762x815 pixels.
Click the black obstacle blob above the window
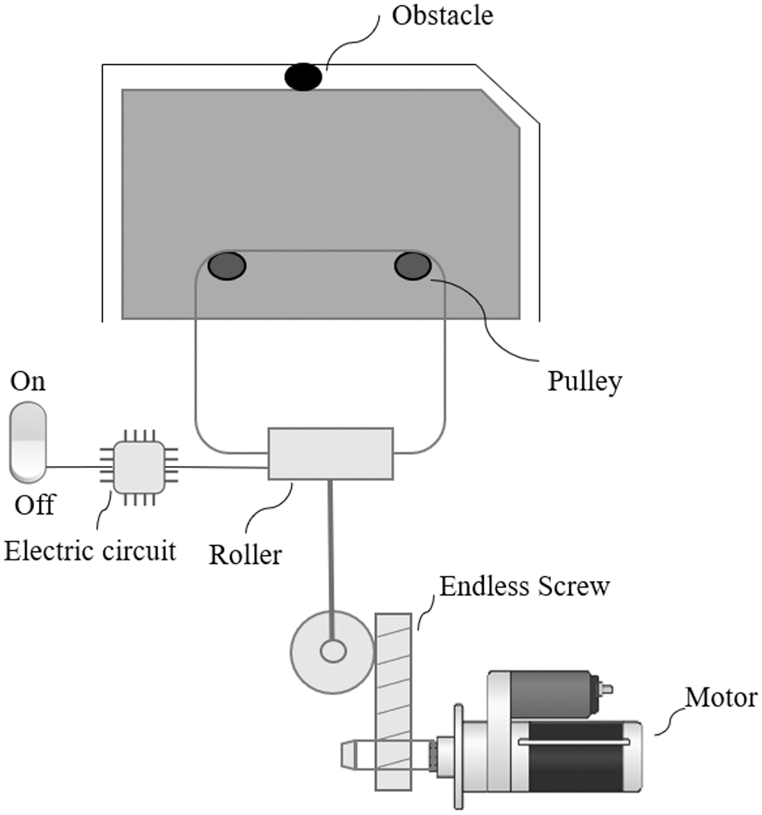[303, 77]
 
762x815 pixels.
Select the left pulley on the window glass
[227, 265]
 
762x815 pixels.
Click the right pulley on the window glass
[412, 265]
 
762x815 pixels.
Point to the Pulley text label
[584, 380]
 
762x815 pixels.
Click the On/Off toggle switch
[28, 444]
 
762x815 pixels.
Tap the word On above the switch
[28, 382]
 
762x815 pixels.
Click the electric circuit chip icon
[139, 467]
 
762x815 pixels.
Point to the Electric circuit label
[90, 550]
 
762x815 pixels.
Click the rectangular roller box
[331, 454]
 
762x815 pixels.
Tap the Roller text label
[245, 554]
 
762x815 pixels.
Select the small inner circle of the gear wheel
[333, 651]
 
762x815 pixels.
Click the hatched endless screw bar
[393, 701]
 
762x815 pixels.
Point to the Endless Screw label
[524, 587]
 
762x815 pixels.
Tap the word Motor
[720, 697]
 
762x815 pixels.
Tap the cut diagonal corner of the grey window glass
[501, 109]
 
